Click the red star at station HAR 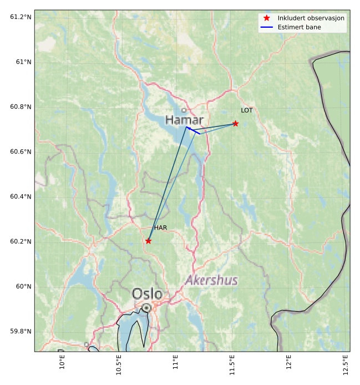pyautogui.click(x=148, y=241)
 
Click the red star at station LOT pyautogui.click(x=236, y=123)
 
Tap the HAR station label pyautogui.click(x=160, y=228)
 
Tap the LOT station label pyautogui.click(x=247, y=110)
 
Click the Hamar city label pyautogui.click(x=184, y=120)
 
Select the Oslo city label pyautogui.click(x=147, y=293)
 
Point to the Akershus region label pyautogui.click(x=211, y=280)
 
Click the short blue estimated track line pyautogui.click(x=193, y=130)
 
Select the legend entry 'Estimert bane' pyautogui.click(x=300, y=27)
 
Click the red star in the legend pyautogui.click(x=267, y=18)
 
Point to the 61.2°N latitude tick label pyautogui.click(x=21, y=17)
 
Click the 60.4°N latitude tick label pyautogui.click(x=21, y=197)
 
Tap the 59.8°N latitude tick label pyautogui.click(x=21, y=332)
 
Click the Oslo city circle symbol pyautogui.click(x=146, y=307)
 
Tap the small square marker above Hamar pyautogui.click(x=184, y=110)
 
